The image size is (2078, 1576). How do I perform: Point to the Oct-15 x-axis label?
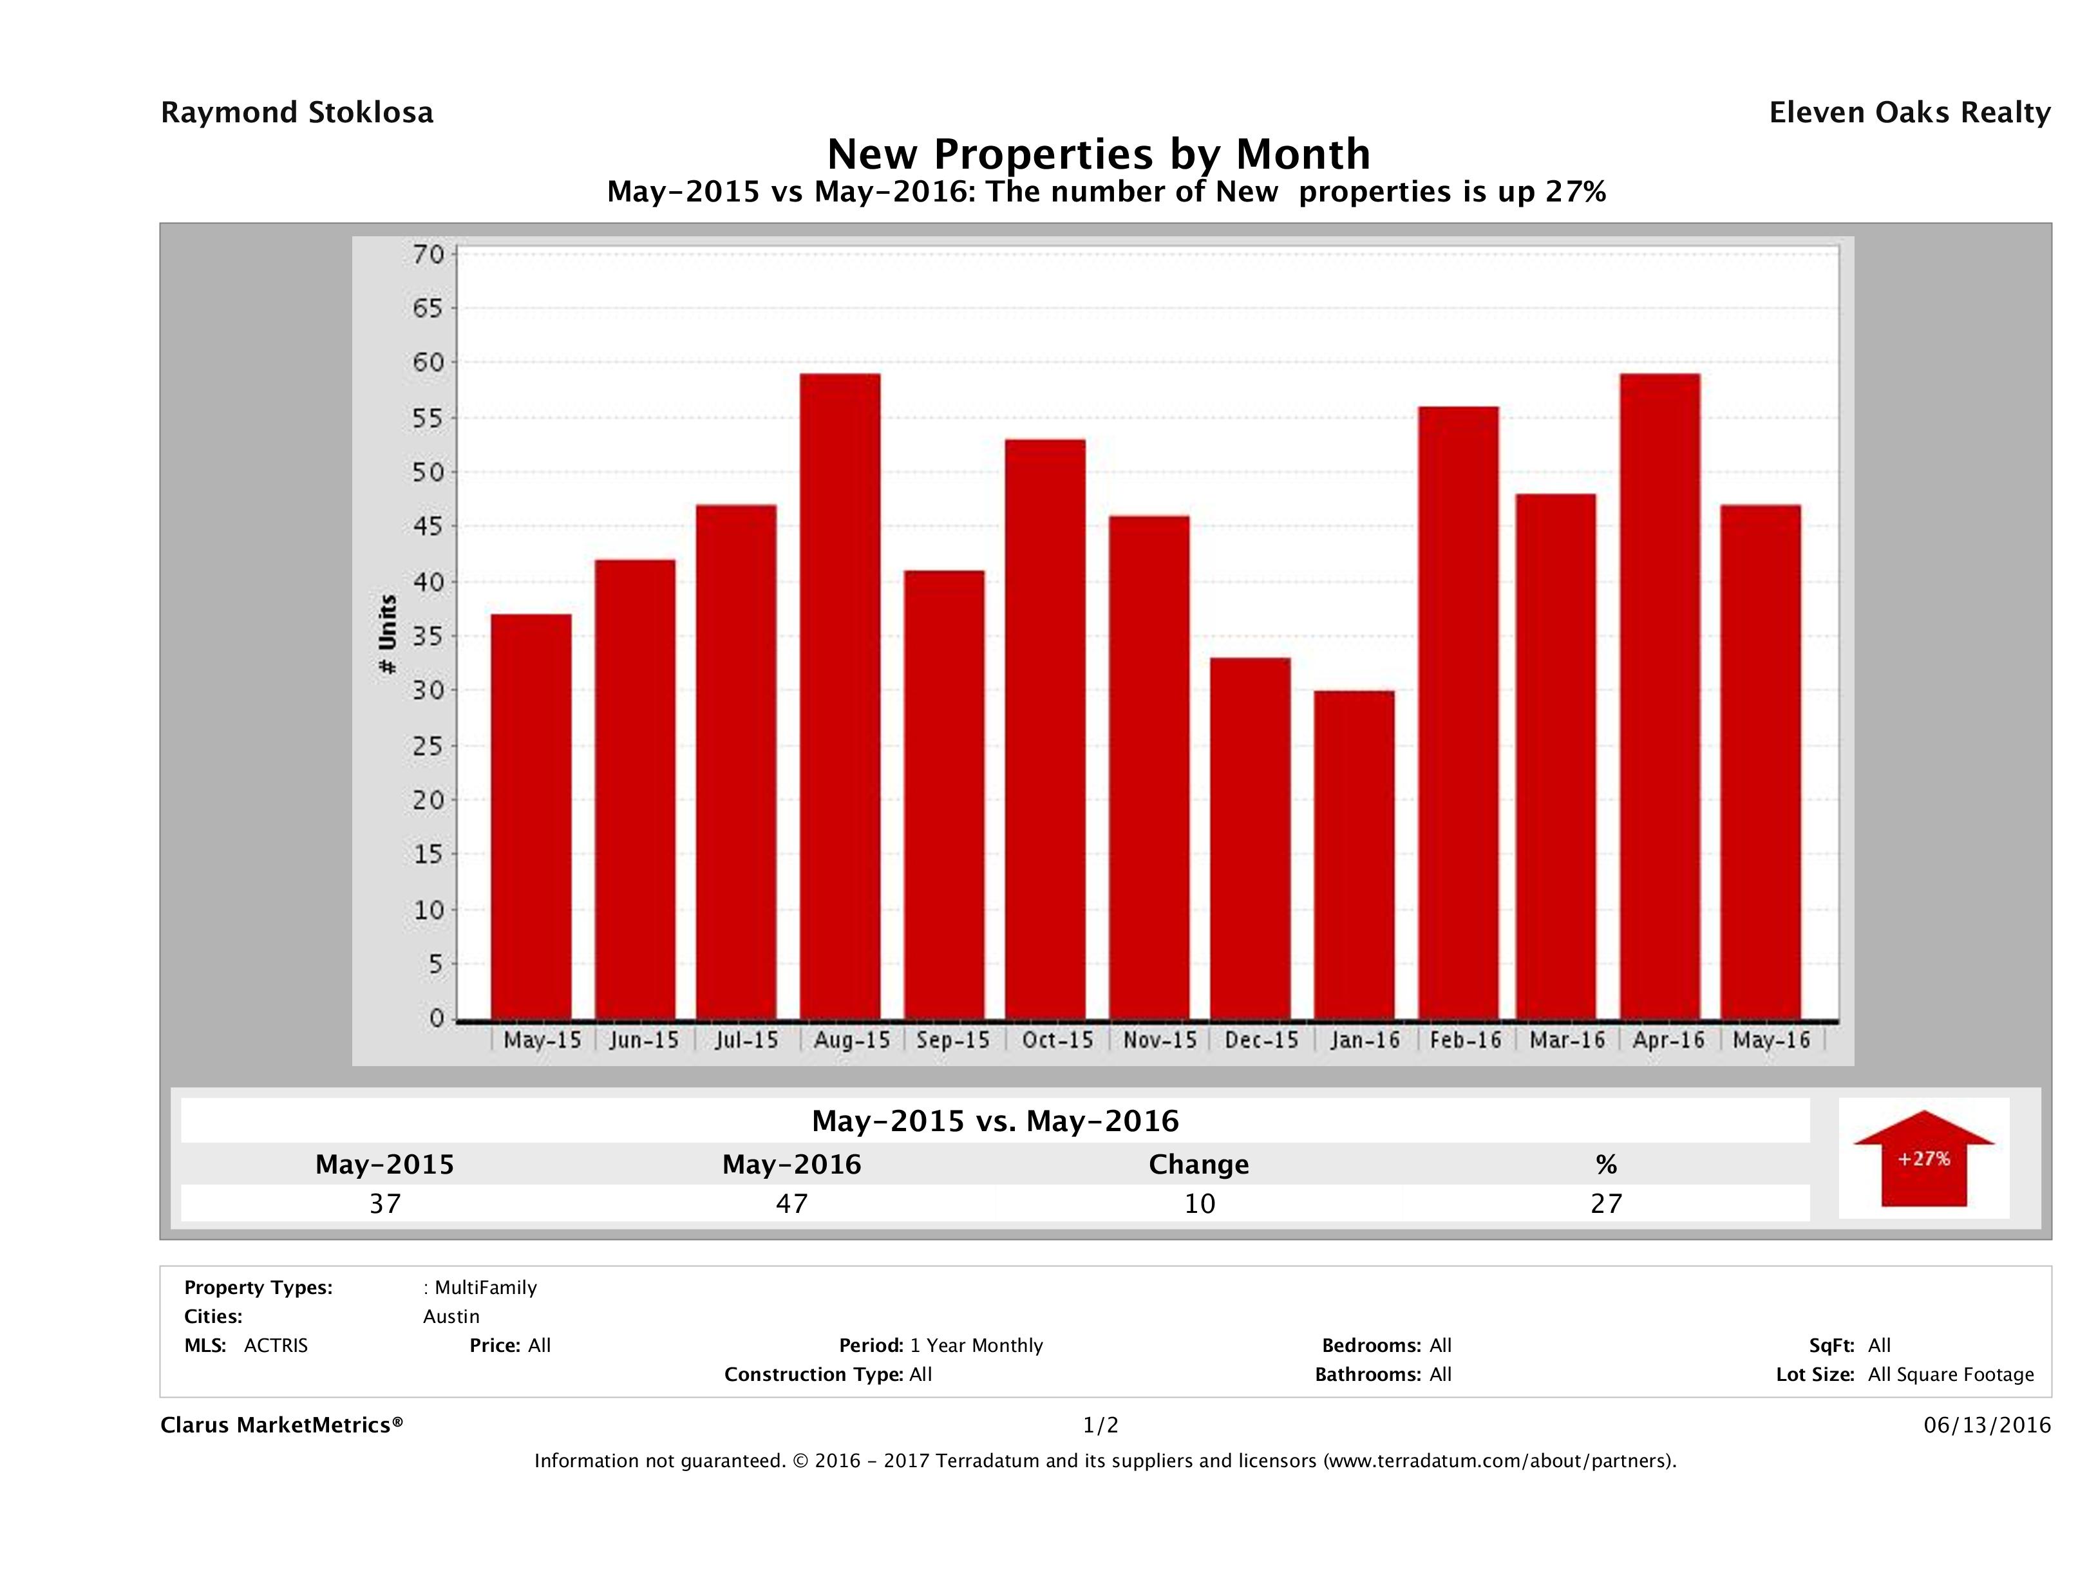coord(1058,1040)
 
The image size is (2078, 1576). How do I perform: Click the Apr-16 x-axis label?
coord(1668,1040)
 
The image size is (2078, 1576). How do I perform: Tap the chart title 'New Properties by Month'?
coord(1098,153)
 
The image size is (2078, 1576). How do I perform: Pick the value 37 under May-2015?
coord(385,1203)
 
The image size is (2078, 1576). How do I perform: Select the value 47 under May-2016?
coord(792,1203)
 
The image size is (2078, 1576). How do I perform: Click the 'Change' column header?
coord(1199,1165)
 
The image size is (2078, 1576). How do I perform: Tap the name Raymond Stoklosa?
coord(297,113)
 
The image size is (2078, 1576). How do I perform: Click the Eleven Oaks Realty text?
coord(1909,113)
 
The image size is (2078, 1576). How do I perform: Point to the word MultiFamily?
coord(486,1288)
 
